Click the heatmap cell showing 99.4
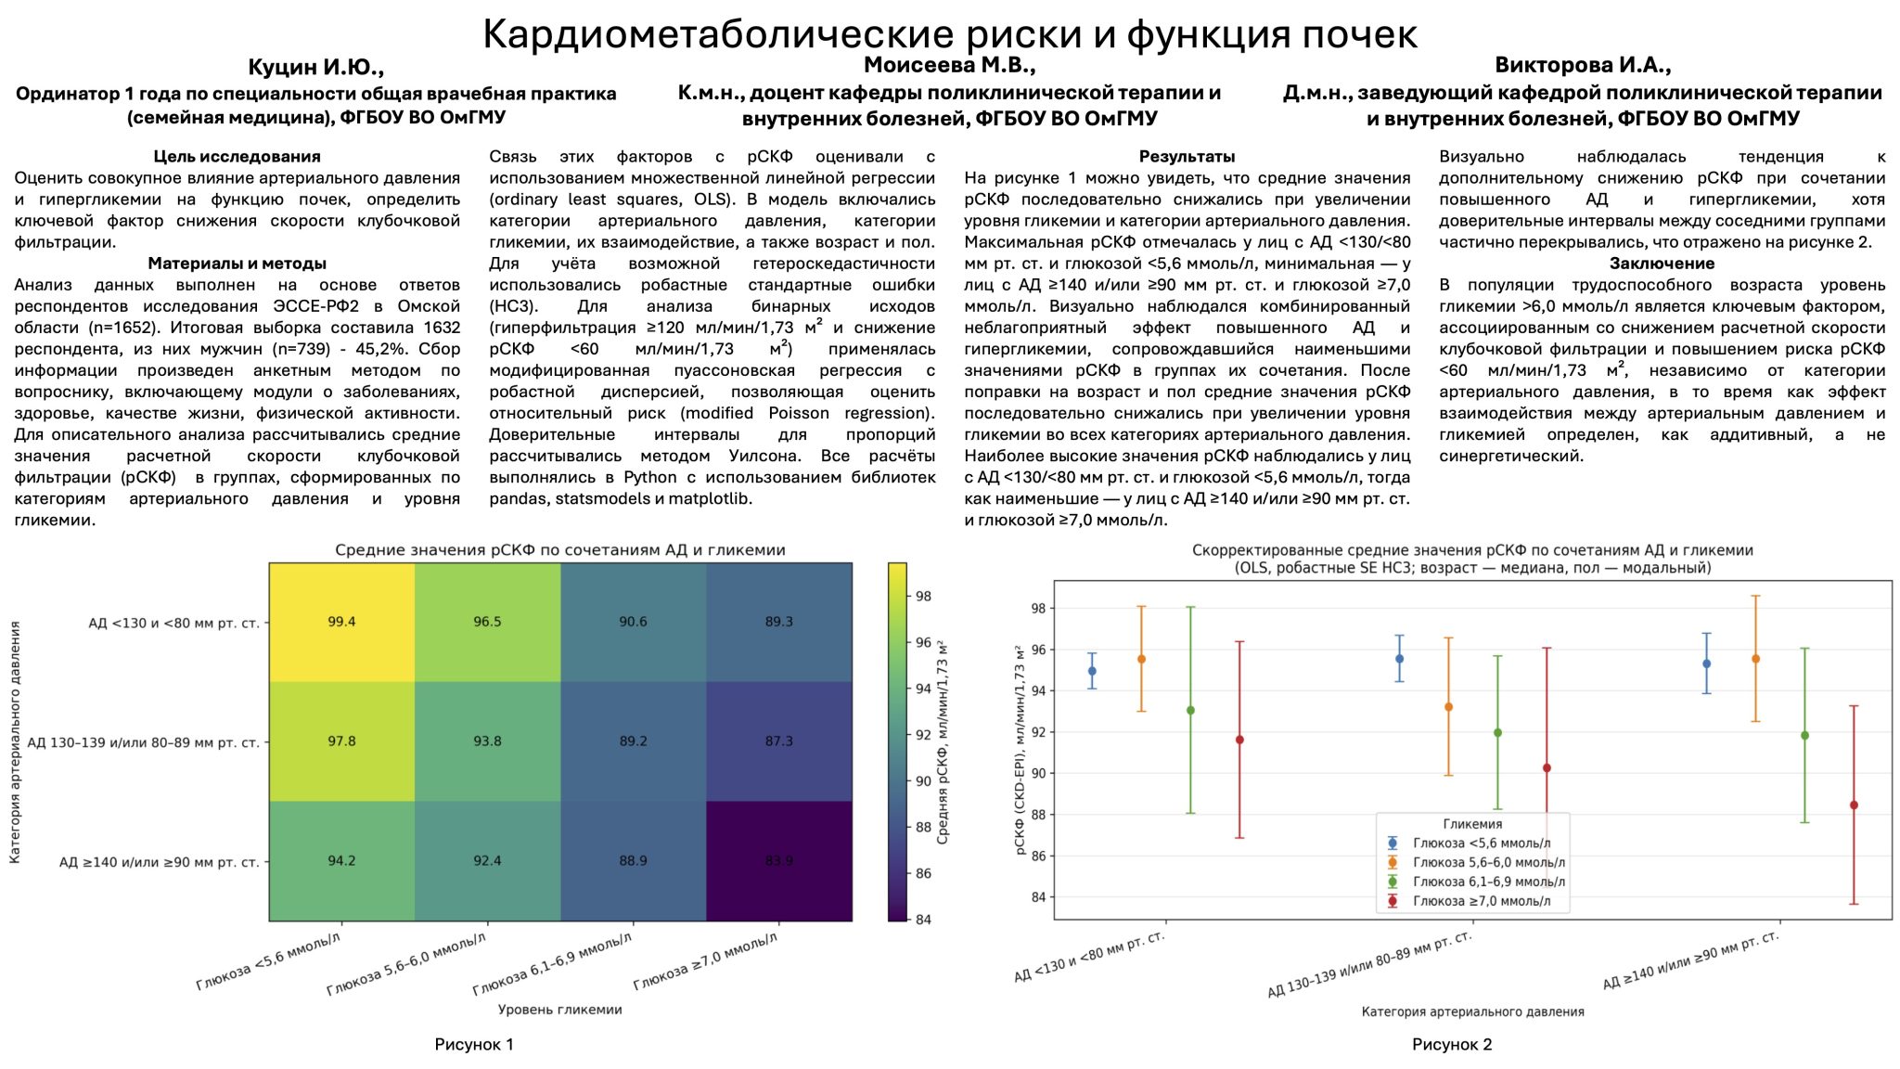click(x=341, y=622)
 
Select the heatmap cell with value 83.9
click(x=779, y=861)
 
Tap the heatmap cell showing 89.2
click(x=633, y=741)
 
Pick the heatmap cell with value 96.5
click(x=487, y=622)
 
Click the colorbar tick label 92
click(x=923, y=735)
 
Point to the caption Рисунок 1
click(x=474, y=1045)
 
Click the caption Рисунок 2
click(x=1452, y=1045)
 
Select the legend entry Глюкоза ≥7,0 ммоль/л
click(x=1481, y=901)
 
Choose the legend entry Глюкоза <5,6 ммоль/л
click(x=1481, y=844)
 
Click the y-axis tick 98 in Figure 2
click(x=1037, y=609)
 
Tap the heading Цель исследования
click(x=237, y=157)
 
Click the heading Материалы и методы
click(x=237, y=264)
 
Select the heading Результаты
click(x=1187, y=157)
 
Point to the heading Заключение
click(x=1662, y=264)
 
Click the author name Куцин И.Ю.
click(x=315, y=68)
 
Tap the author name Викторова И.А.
click(x=1583, y=66)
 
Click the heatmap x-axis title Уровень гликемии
click(x=559, y=1010)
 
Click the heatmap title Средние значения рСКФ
click(x=559, y=550)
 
